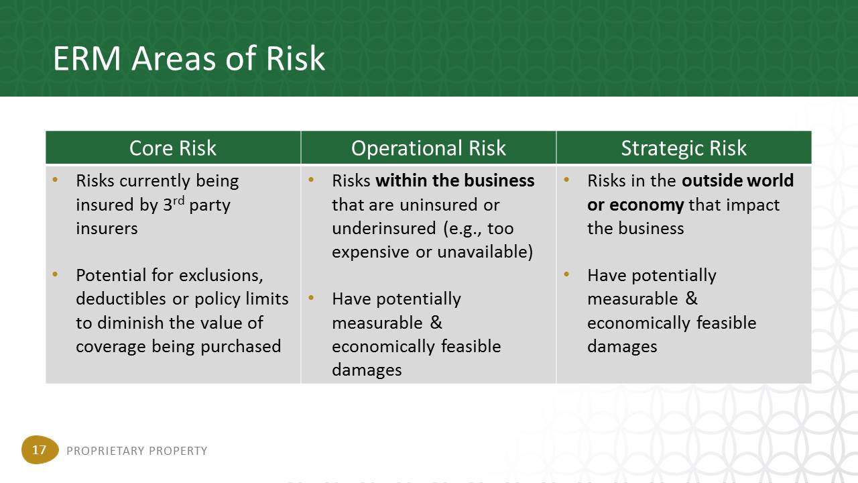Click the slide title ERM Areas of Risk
(x=189, y=58)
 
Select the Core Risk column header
(x=173, y=148)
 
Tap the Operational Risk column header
(x=428, y=148)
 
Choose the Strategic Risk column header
(x=684, y=148)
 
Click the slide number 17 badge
(x=40, y=449)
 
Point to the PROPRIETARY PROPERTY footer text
(x=137, y=451)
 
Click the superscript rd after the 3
(x=178, y=201)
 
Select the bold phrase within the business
(x=454, y=180)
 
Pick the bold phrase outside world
(x=738, y=180)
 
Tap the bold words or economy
(x=635, y=205)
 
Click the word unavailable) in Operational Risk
(x=485, y=252)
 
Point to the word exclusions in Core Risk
(x=221, y=276)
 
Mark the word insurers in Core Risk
(x=107, y=229)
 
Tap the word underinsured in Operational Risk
(x=384, y=229)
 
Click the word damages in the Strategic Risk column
(x=622, y=347)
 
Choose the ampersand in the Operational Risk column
(x=436, y=323)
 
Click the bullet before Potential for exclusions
(x=55, y=274)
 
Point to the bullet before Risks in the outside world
(x=566, y=179)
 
